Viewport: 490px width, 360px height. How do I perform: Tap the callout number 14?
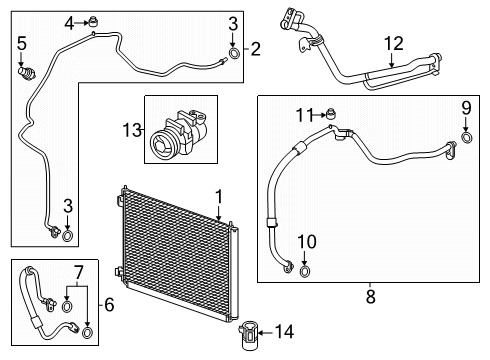click(285, 331)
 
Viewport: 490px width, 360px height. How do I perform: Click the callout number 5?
click(21, 42)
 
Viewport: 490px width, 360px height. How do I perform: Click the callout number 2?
click(255, 47)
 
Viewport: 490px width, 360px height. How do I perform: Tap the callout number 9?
click(465, 108)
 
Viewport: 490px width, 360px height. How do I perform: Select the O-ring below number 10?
click(306, 268)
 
